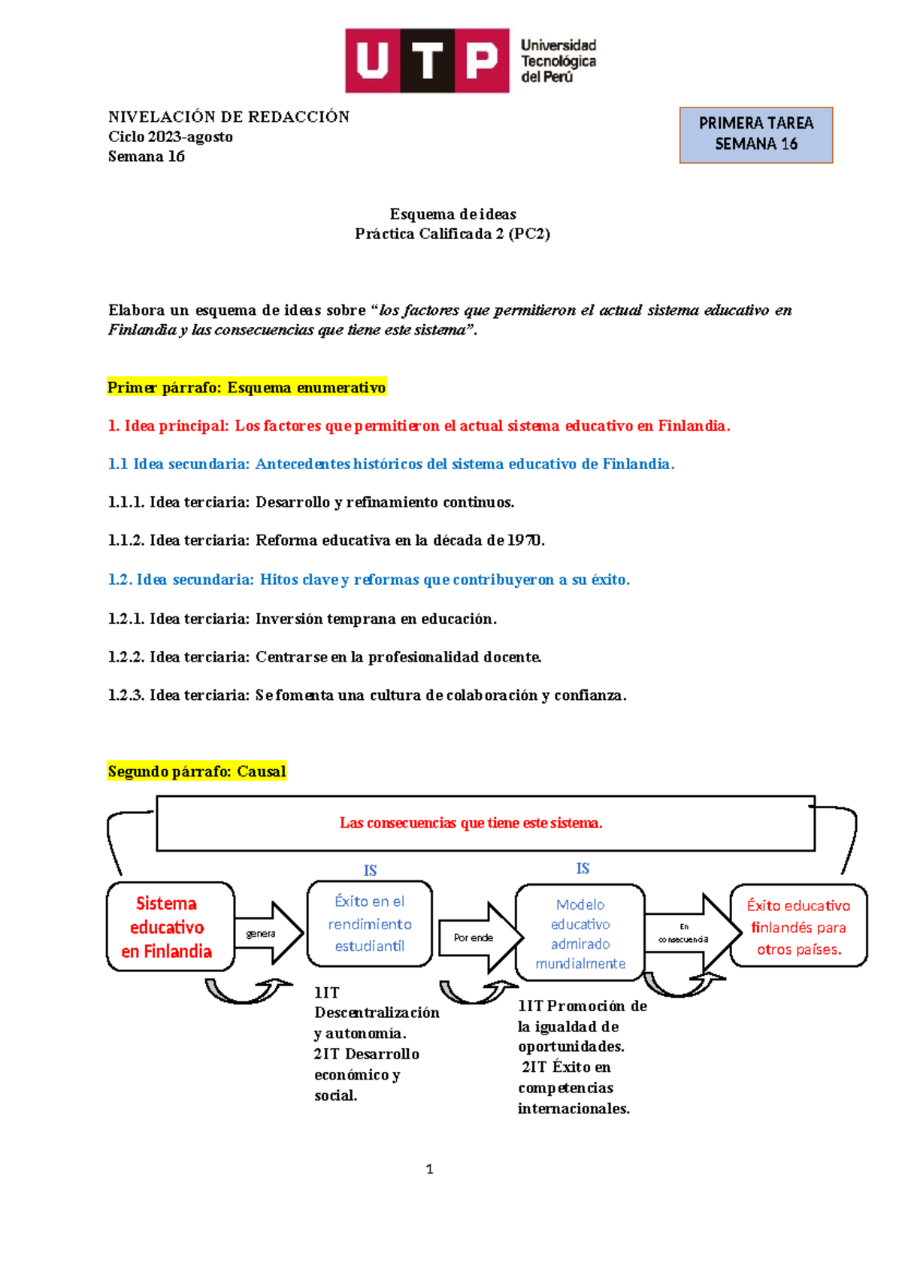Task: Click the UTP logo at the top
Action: [x=471, y=61]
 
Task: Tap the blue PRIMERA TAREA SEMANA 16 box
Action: [x=755, y=135]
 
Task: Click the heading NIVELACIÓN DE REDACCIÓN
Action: [x=229, y=117]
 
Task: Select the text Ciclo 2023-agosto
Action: [x=171, y=137]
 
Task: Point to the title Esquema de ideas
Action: [x=453, y=214]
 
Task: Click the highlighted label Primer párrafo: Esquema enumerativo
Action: [x=247, y=388]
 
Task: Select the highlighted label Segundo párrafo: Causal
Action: [x=197, y=771]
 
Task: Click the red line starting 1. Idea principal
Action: [x=419, y=426]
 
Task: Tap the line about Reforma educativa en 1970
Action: [x=326, y=541]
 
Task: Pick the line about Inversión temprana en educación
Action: [x=302, y=619]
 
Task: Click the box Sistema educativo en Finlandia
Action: [x=171, y=926]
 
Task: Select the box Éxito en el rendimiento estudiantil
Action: [x=369, y=923]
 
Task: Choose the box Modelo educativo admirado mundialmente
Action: [x=580, y=933]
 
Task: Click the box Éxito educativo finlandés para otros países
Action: [x=798, y=926]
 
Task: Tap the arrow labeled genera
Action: [x=268, y=933]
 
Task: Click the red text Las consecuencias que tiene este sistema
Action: [x=471, y=823]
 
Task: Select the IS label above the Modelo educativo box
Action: [x=583, y=868]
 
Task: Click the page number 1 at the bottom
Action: [x=429, y=1169]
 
